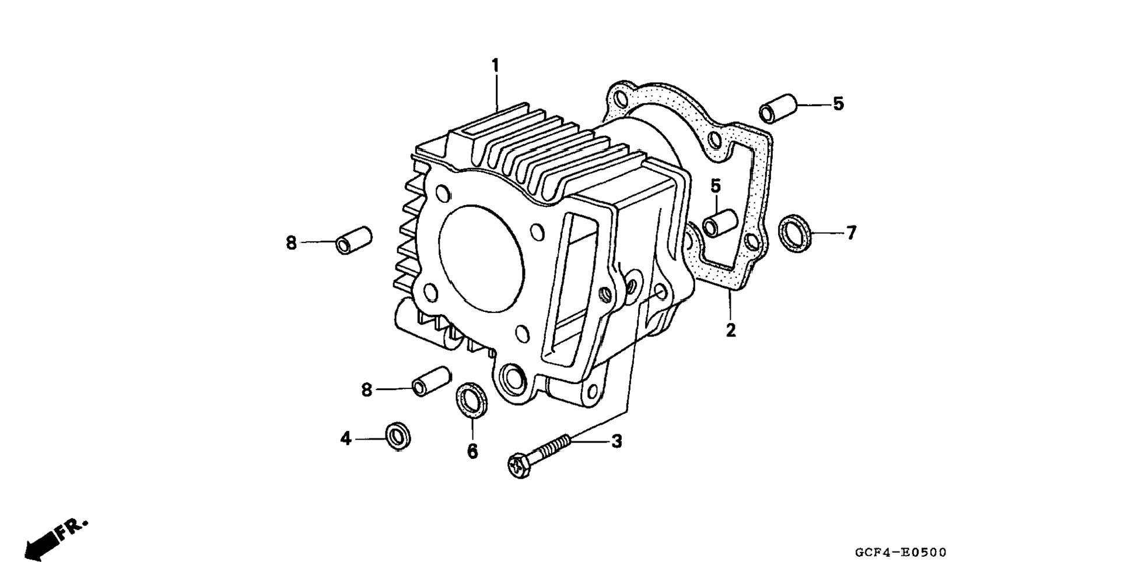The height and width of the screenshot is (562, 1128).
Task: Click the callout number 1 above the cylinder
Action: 495,65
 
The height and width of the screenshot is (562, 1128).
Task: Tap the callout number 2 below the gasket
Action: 730,331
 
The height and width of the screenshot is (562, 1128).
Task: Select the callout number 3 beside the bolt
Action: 616,441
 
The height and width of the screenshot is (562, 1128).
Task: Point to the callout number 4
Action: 346,438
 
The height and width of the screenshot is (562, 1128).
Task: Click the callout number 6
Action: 472,451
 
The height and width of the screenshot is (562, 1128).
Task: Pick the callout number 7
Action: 851,233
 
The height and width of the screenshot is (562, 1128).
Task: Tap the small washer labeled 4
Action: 398,435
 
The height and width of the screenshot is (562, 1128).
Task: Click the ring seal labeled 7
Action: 795,233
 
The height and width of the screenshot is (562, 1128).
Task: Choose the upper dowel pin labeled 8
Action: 353,240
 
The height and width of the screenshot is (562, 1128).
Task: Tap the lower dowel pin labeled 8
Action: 431,381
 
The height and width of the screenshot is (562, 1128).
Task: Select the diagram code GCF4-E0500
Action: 901,552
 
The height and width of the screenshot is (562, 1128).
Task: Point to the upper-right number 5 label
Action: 838,104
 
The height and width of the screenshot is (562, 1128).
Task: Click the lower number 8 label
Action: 366,390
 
